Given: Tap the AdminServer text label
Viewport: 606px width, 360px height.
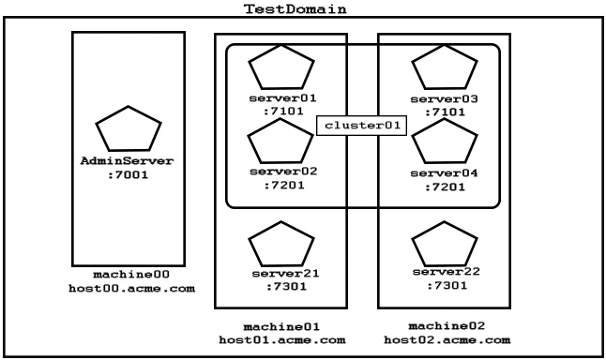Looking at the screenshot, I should point(130,161).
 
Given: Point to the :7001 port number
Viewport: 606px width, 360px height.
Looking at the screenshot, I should point(130,174).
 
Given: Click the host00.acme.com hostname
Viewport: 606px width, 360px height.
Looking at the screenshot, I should point(130,288).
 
